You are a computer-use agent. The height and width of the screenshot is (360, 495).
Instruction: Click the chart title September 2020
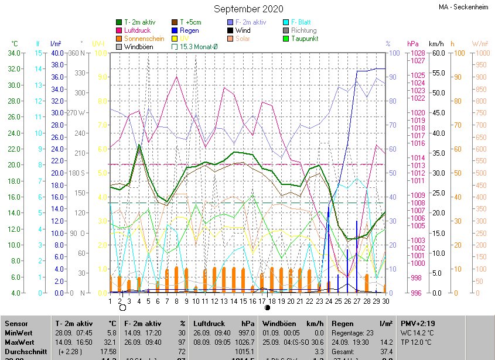coord(248,9)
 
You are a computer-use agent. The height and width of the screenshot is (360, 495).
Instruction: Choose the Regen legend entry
coord(188,30)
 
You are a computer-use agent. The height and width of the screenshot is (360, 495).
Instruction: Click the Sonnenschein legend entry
coord(144,39)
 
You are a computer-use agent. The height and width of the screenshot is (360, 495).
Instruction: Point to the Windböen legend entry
coord(139,47)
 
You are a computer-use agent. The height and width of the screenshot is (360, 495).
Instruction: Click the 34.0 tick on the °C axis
coord(15,53)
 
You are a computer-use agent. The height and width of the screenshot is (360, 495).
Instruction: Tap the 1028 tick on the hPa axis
coord(418,53)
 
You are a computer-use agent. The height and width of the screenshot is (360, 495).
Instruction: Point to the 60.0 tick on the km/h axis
coord(436,53)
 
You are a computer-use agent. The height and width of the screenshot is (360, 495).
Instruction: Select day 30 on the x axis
coord(385,301)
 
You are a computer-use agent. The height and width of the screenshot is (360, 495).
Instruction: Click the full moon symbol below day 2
coord(122,307)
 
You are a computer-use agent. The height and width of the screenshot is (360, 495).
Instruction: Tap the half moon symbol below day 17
coord(267,307)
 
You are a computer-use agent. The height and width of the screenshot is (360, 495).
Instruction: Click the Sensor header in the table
coord(16,324)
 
